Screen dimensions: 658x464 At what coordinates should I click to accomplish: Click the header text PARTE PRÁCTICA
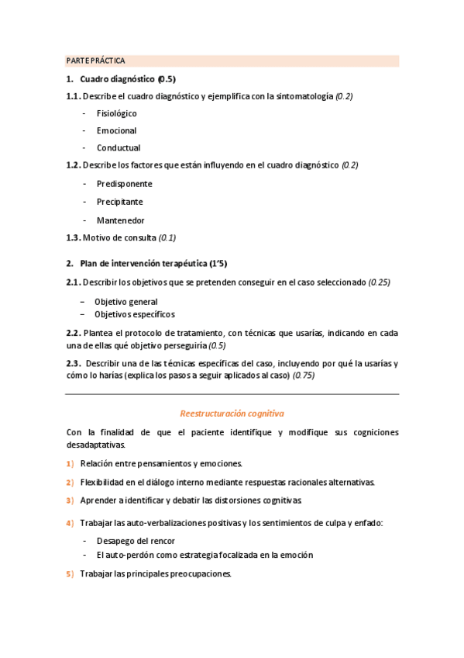(x=96, y=61)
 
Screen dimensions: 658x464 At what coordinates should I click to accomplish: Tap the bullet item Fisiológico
(x=117, y=113)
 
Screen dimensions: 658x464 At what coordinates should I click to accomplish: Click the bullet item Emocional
(x=116, y=130)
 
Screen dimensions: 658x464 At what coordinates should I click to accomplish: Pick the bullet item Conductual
(x=119, y=147)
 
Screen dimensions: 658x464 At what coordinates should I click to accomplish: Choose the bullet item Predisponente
(x=124, y=184)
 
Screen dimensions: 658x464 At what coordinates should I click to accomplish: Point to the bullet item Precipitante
(x=119, y=202)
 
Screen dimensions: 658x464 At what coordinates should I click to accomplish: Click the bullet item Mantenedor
(x=120, y=220)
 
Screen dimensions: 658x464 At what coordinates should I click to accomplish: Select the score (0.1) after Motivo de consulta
(x=167, y=237)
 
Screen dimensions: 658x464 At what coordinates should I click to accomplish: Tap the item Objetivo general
(x=125, y=301)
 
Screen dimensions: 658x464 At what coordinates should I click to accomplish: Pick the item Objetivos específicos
(x=134, y=314)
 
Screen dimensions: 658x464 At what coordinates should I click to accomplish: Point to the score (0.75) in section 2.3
(x=304, y=376)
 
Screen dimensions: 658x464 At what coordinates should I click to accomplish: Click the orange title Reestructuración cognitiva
(x=232, y=414)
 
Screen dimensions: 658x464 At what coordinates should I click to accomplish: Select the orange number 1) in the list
(x=70, y=464)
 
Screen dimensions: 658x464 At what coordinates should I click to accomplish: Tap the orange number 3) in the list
(x=70, y=500)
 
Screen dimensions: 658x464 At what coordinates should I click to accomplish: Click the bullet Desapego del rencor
(x=136, y=541)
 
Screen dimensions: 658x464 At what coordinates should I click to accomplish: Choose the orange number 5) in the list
(x=70, y=574)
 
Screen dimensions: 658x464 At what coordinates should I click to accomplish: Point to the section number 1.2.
(x=73, y=165)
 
